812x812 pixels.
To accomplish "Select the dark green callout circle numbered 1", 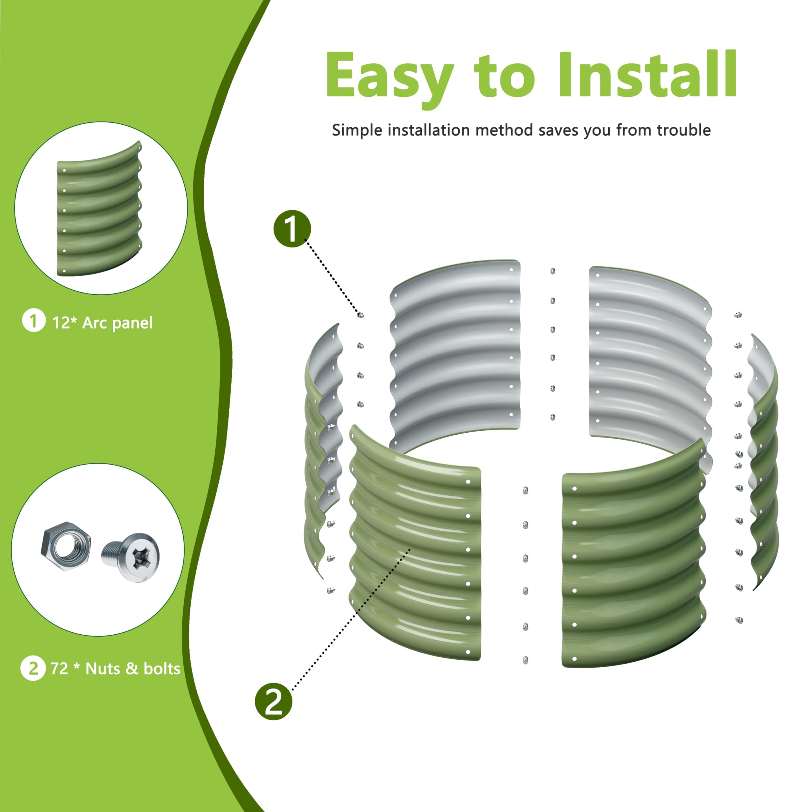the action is pos(292,229).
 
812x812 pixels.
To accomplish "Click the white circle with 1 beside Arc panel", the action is pos(34,320).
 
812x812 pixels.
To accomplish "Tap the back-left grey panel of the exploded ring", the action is pos(455,353).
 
